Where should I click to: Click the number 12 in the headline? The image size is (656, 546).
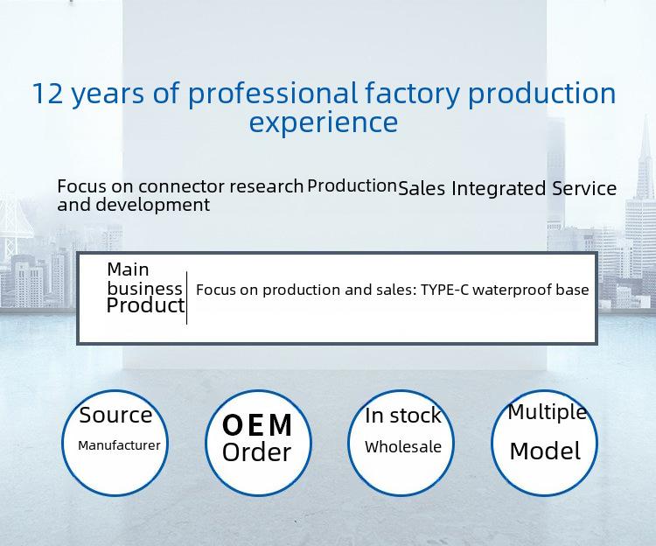click(48, 93)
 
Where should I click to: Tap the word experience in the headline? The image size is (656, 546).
click(324, 123)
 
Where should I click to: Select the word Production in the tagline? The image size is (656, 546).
click(352, 185)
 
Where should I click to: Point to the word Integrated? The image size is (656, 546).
click(499, 189)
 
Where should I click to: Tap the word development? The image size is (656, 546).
click(153, 206)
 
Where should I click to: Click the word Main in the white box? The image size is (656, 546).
click(128, 269)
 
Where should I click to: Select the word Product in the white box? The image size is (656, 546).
click(145, 305)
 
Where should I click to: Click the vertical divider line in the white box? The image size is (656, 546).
click(186, 297)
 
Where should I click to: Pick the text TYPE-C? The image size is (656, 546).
click(444, 290)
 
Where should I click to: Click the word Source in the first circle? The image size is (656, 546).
click(115, 416)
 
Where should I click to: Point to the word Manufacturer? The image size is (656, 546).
click(119, 445)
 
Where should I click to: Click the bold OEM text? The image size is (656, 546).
click(257, 425)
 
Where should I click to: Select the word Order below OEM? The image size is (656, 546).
click(256, 452)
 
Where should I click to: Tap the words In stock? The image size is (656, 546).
click(403, 416)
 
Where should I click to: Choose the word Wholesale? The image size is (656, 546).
click(403, 447)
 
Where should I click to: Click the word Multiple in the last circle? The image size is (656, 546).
click(548, 413)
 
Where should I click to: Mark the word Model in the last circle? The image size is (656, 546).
click(545, 451)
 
